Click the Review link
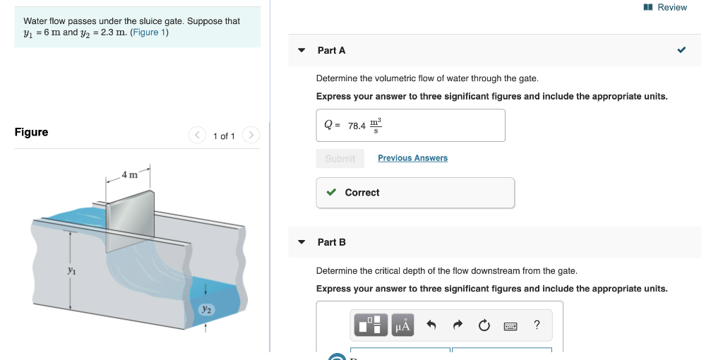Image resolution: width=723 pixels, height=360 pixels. (671, 7)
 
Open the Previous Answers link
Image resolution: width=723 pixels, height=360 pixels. (412, 158)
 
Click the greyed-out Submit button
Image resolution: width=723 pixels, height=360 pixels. (340, 159)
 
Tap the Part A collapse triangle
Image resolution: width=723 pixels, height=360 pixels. (301, 51)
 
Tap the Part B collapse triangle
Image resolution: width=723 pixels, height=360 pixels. (301, 242)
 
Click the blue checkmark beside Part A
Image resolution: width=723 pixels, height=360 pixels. (681, 51)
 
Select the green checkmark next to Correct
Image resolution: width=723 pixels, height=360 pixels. (331, 193)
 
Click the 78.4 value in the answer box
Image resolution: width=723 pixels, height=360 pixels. (357, 126)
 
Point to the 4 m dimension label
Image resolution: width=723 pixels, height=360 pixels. (129, 174)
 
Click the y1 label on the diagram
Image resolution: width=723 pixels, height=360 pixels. (71, 270)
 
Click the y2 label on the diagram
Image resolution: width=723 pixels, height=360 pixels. (205, 308)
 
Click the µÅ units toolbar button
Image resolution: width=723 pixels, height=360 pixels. (402, 325)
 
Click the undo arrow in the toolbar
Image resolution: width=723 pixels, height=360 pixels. (432, 325)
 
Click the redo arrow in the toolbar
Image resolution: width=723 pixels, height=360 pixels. (458, 325)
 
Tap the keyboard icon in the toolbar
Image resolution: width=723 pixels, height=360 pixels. (510, 325)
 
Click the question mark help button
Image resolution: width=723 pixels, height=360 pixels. (537, 325)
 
